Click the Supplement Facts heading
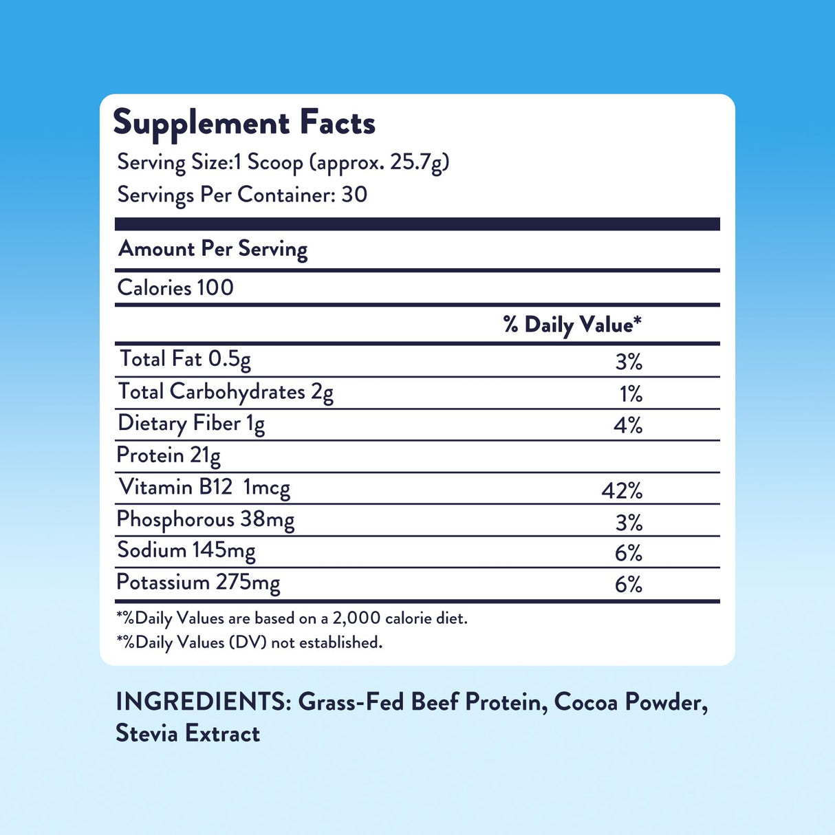point(244,123)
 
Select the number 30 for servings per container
point(354,195)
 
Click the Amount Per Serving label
point(213,249)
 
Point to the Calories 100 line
point(175,288)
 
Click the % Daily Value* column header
point(572,325)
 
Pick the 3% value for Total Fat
point(629,361)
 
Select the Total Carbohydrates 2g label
point(226,392)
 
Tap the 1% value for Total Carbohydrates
point(631,393)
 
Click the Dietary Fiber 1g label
point(191,424)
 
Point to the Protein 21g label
point(169,455)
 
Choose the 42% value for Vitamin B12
point(622,490)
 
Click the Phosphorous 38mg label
point(205,519)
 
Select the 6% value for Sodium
point(629,553)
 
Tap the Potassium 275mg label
point(198,583)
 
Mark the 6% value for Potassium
point(629,585)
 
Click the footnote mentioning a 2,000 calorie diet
point(292,618)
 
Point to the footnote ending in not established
point(249,642)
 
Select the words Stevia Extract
point(188,733)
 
